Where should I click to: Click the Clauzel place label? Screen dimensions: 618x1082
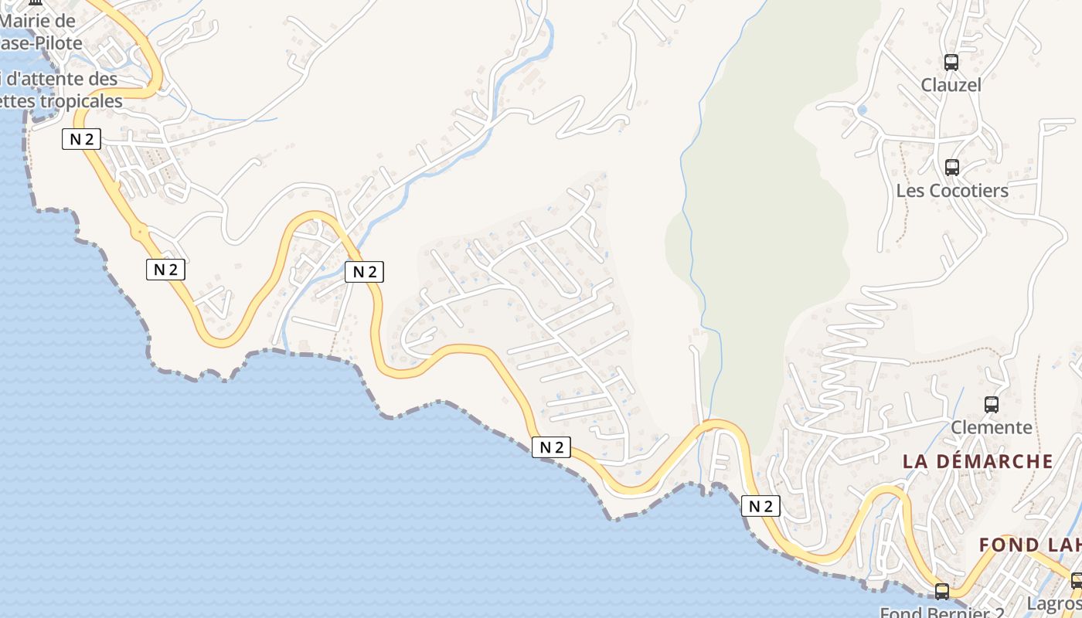pos(951,85)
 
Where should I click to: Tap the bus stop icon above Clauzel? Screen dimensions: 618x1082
pos(951,63)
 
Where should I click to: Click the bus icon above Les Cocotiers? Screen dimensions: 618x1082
pos(952,167)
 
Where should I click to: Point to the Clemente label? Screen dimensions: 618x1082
pos(991,427)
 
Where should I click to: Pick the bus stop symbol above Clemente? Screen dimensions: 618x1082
pos(992,404)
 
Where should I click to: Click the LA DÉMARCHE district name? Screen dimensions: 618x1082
pos(978,461)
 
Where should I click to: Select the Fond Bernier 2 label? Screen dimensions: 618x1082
pos(935,613)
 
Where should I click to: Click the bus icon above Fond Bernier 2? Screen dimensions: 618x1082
pos(941,592)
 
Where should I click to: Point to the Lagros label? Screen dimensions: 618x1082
pos(1054,603)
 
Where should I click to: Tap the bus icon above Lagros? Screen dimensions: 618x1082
pos(1077,580)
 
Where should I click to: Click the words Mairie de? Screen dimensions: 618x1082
pos(38,21)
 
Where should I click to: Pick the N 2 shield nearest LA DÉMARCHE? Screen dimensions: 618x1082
pos(760,506)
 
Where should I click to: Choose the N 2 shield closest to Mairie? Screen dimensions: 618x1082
pos(81,139)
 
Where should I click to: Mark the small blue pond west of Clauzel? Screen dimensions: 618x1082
pos(863,110)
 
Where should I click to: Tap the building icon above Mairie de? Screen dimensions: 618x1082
pos(34,3)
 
